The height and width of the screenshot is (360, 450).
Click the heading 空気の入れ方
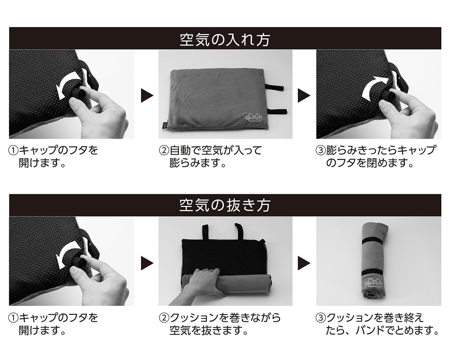[225, 39]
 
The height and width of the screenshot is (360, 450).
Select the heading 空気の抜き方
[225, 205]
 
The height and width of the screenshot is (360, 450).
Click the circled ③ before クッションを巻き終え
[321, 318]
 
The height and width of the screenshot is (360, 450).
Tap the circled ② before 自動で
[164, 151]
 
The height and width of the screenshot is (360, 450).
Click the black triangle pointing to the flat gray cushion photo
[147, 96]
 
